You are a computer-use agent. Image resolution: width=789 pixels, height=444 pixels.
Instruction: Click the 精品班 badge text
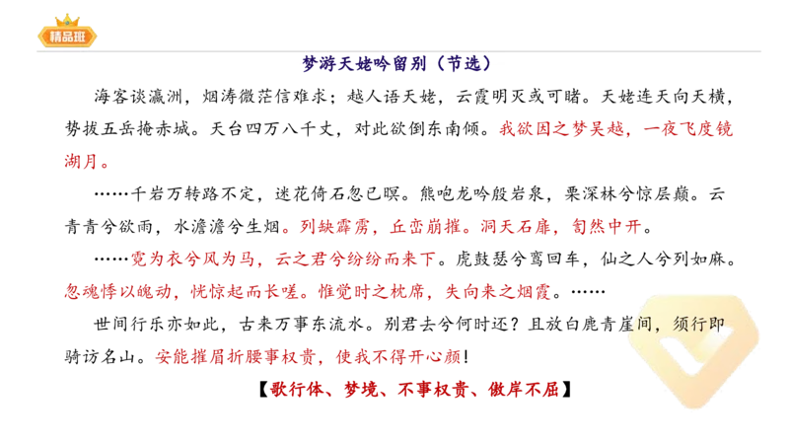pos(67,37)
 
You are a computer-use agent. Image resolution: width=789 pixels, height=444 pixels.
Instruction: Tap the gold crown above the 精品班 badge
pos(67,18)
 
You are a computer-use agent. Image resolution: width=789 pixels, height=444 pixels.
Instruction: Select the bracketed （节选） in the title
pos(462,63)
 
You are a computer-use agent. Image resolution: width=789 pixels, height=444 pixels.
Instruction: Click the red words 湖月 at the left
pos(87,162)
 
